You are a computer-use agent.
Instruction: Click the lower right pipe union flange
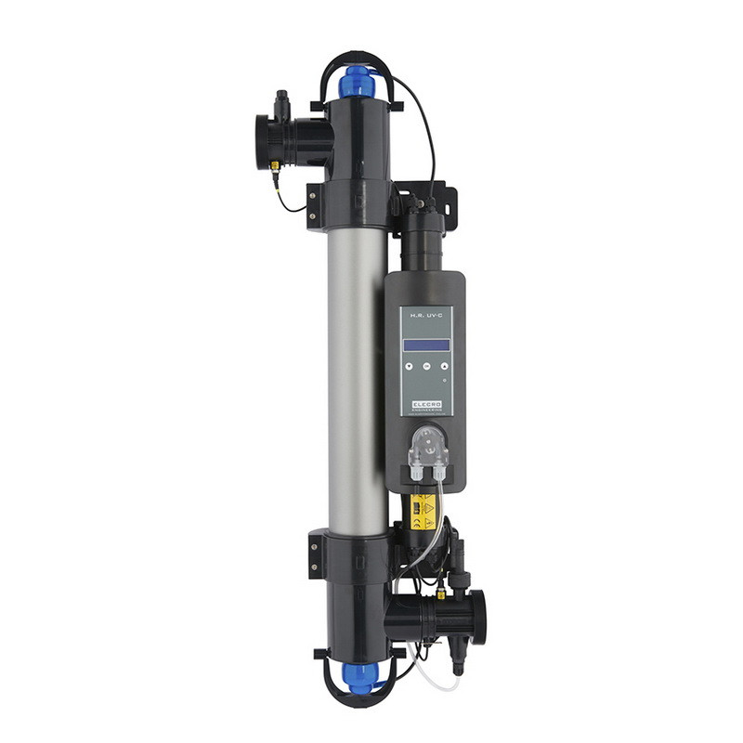[479, 616]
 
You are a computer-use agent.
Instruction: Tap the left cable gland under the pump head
[415, 476]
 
